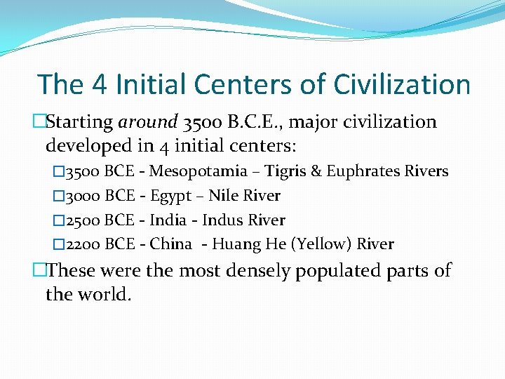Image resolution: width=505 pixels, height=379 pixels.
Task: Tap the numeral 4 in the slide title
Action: point(98,84)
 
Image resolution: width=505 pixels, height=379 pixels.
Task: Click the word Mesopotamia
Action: point(198,171)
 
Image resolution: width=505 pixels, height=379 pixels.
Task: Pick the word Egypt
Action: point(171,197)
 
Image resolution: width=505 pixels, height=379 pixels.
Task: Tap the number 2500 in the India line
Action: point(83,220)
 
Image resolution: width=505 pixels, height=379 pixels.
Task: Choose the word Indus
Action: point(220,220)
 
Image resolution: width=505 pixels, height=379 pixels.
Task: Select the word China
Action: point(170,245)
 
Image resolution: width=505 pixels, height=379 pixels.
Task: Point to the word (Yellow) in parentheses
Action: point(321,245)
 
